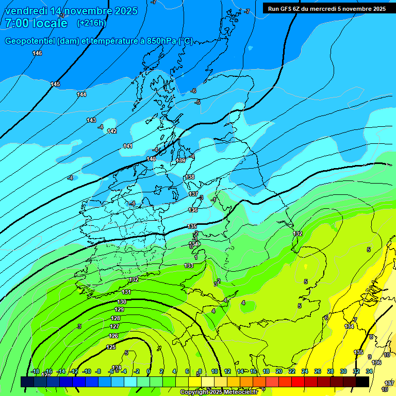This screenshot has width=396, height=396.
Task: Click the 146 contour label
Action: pos(37,54)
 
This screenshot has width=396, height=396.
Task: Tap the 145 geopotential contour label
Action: pos(55,84)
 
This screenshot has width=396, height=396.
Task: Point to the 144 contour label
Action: pos(81,94)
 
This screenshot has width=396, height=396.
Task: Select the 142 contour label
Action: pos(112,131)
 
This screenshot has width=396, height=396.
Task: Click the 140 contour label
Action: pos(151,159)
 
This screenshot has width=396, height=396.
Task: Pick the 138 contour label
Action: pos(190,177)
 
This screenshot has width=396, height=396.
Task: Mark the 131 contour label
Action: pos(126,292)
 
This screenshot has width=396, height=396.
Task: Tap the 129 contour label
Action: pos(119,309)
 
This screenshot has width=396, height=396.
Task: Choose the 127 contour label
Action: pos(115,326)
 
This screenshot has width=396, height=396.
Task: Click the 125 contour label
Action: pos(111,347)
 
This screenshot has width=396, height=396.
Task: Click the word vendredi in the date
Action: pos(26,11)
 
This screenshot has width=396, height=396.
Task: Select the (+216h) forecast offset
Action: pos(91,23)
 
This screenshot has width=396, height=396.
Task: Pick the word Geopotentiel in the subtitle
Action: pos(30,41)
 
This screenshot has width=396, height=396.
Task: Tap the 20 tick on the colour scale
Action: pos(279,371)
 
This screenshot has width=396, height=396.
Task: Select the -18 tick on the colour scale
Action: pos(35,371)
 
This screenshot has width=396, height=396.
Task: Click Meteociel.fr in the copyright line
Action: pos(240,392)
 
